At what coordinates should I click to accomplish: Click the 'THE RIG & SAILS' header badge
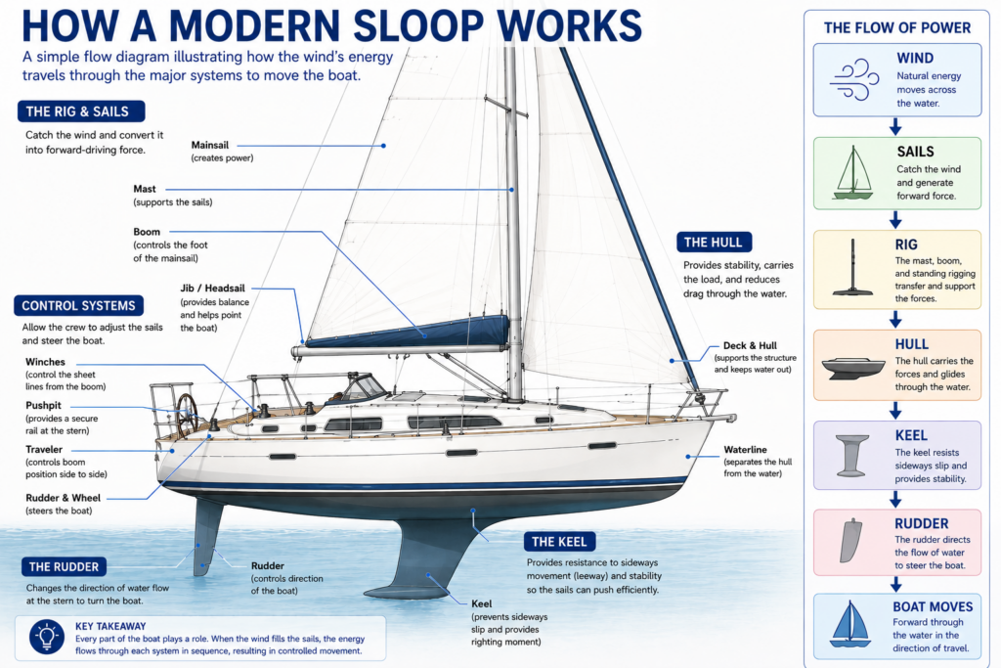[81, 111]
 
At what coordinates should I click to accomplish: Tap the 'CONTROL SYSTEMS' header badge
[78, 305]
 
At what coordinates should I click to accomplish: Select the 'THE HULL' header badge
[714, 242]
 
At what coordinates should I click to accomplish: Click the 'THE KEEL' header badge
[559, 542]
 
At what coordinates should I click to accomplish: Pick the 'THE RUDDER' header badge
[64, 566]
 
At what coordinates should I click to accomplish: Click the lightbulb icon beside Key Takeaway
[47, 637]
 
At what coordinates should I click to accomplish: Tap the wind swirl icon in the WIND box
[853, 80]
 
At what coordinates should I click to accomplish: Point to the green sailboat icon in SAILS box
[852, 172]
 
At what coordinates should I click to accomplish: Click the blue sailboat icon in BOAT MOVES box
[850, 624]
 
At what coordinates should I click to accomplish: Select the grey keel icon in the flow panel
[851, 456]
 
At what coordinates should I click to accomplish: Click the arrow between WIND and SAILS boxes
[895, 126]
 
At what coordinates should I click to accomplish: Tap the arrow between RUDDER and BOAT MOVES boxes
[895, 584]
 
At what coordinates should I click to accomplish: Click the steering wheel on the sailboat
[187, 415]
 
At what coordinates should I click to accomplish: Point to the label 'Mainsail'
[210, 145]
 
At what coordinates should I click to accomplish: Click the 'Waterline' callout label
[745, 450]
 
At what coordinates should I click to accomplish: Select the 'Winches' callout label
[45, 362]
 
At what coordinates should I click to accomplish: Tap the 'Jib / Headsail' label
[212, 288]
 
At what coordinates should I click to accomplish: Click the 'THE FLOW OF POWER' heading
[897, 28]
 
